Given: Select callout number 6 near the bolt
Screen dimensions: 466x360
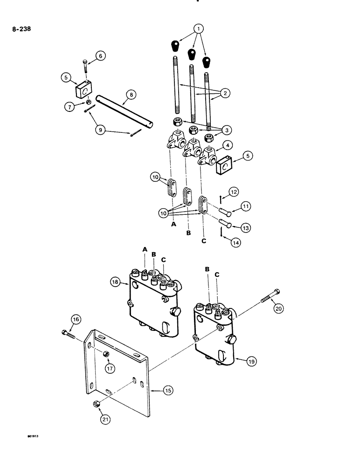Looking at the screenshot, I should click(x=101, y=56).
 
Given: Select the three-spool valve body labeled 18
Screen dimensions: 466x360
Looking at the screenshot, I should click(x=154, y=308).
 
